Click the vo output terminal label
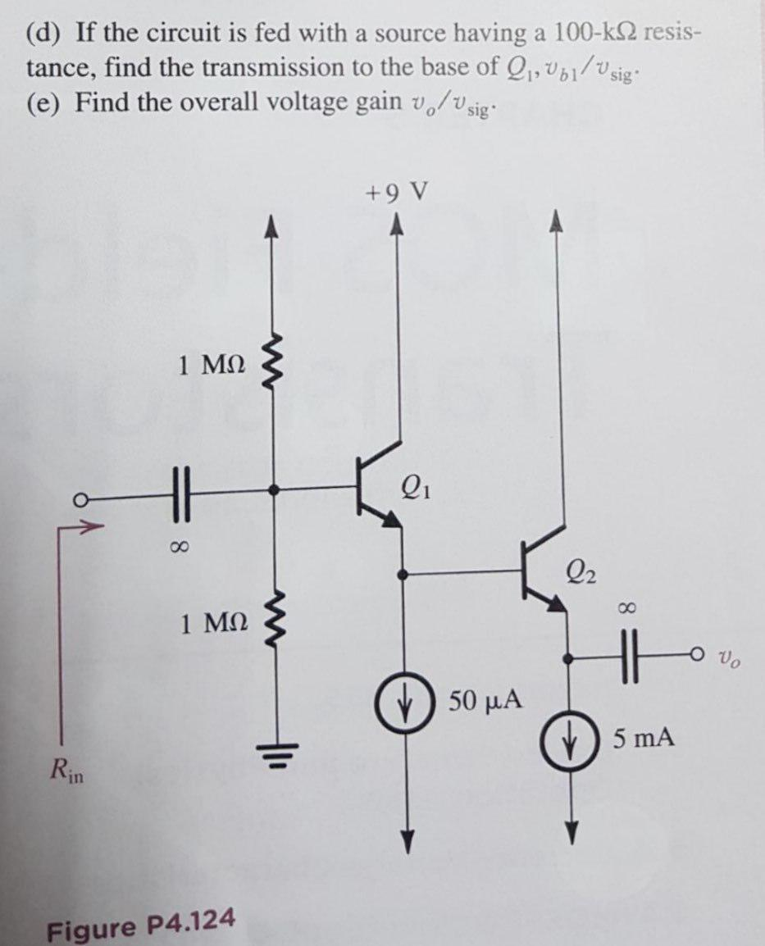click(x=730, y=657)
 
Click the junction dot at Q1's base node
click(x=274, y=490)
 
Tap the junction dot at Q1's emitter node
click(x=402, y=574)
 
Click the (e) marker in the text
click(x=45, y=103)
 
